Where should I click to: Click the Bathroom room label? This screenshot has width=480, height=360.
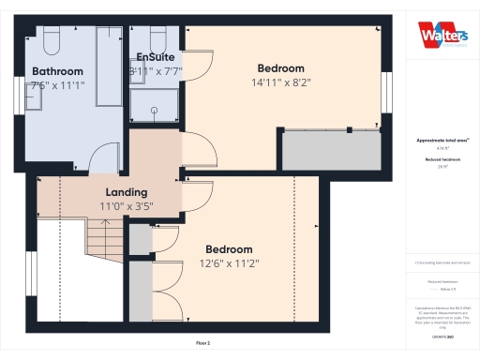tap(57, 71)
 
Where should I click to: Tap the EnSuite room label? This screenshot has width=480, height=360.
tap(155, 56)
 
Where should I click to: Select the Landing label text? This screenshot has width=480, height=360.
tap(112, 192)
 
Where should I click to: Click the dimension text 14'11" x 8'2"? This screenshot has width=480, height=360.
tap(281, 82)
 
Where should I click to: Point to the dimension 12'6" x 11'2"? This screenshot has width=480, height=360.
tap(229, 262)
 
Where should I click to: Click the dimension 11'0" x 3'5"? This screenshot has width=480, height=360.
tap(127, 206)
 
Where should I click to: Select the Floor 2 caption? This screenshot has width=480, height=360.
tap(202, 344)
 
